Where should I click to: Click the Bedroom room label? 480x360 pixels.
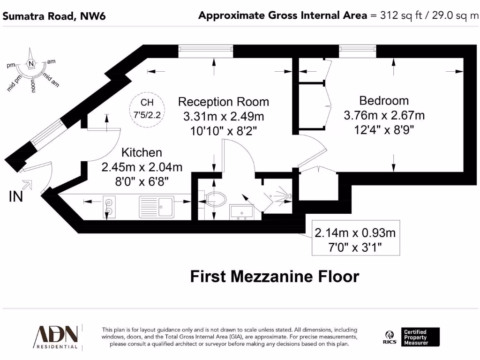click(x=383, y=100)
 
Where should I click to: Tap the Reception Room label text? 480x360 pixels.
click(x=224, y=102)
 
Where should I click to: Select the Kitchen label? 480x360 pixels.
click(x=142, y=152)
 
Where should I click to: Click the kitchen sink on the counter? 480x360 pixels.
click(x=157, y=207)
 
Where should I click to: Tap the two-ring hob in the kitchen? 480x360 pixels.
click(x=109, y=207)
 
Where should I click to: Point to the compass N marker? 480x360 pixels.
click(x=31, y=64)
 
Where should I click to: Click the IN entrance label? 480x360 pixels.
click(x=16, y=197)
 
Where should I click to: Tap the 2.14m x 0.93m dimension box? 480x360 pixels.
click(x=356, y=238)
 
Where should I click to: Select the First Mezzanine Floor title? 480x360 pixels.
click(x=274, y=277)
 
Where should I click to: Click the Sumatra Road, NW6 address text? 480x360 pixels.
click(x=54, y=16)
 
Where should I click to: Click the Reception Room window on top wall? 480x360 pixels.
click(x=205, y=51)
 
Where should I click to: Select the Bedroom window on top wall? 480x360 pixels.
click(x=357, y=51)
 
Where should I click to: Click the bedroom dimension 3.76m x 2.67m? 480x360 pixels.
click(x=384, y=115)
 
